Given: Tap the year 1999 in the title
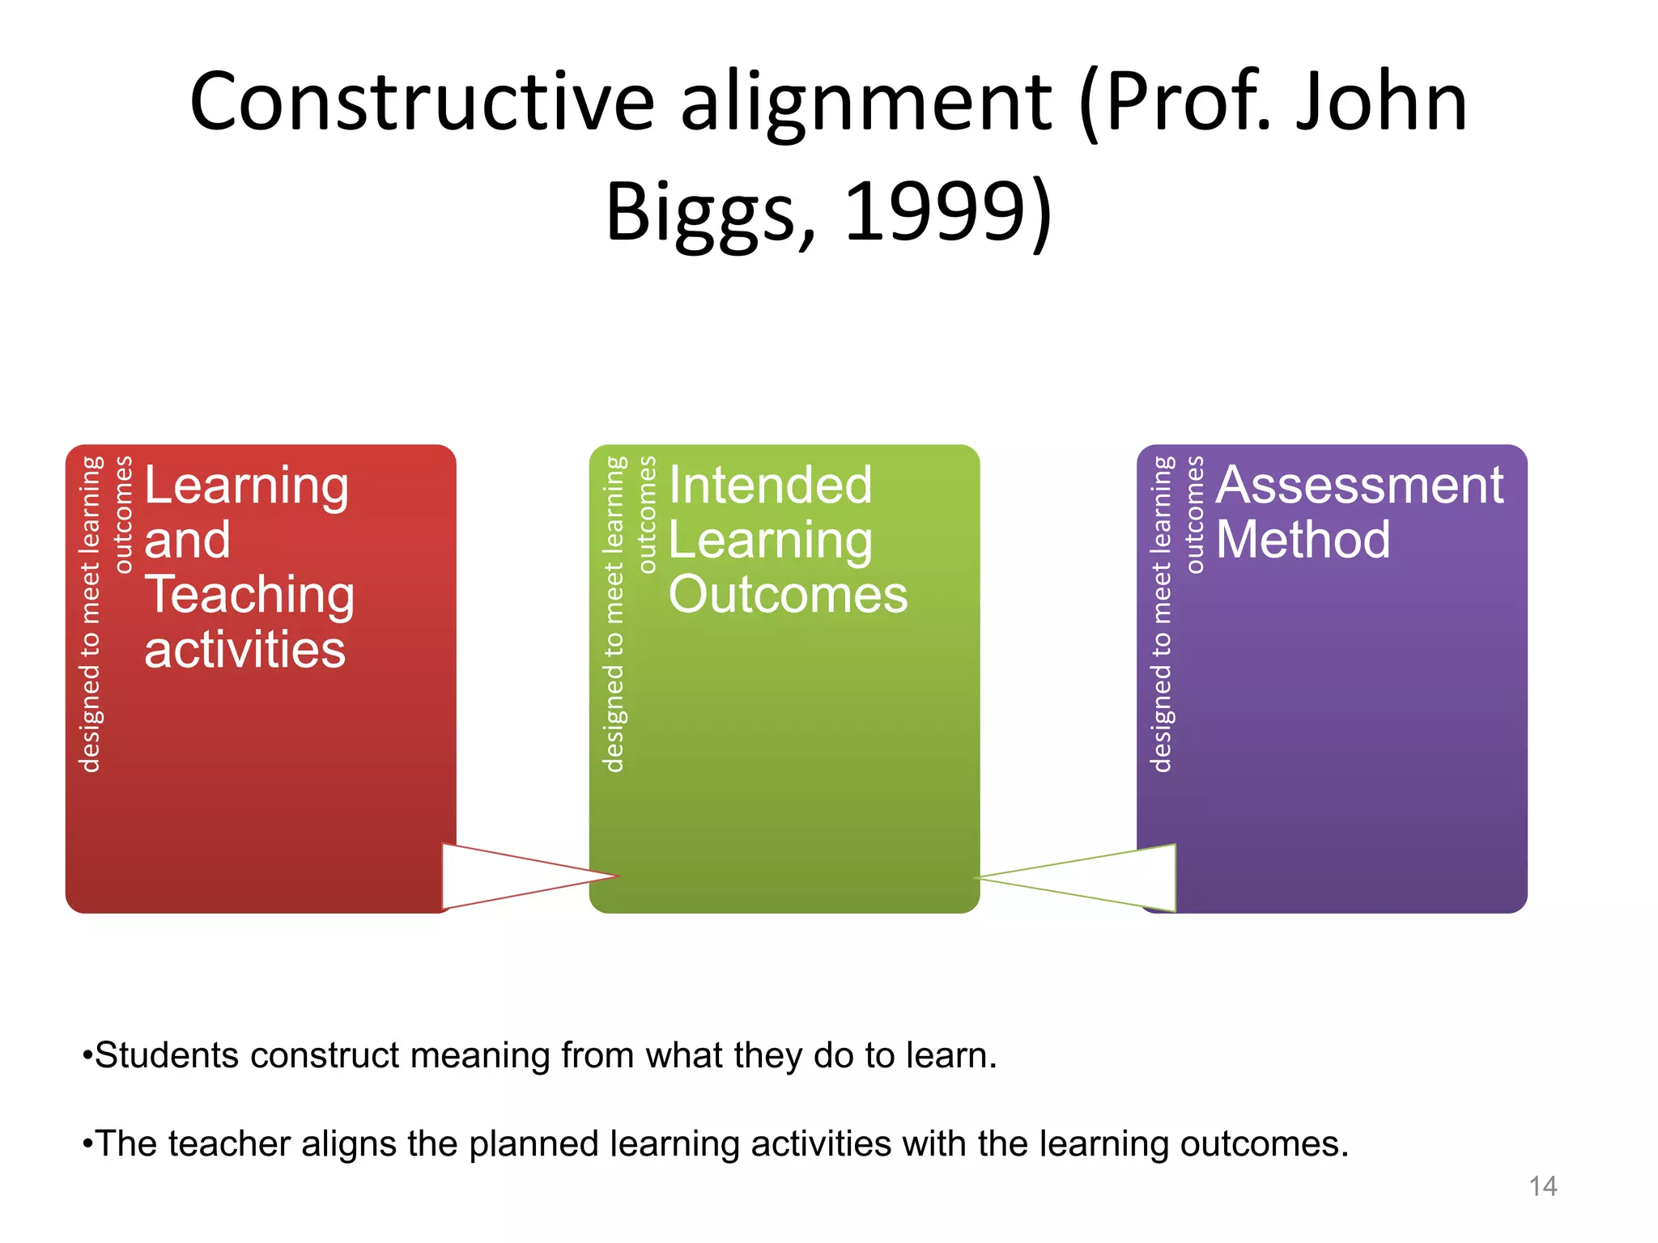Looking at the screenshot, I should tap(935, 212).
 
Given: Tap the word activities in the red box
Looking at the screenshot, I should tap(244, 650).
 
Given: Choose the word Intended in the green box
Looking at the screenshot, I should tap(770, 486).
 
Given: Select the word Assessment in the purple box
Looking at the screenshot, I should tap(1359, 486).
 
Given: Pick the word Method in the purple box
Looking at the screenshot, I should tap(1303, 540).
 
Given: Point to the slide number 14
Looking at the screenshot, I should tap(1542, 1186).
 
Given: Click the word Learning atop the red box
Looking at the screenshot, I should tap(246, 486).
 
